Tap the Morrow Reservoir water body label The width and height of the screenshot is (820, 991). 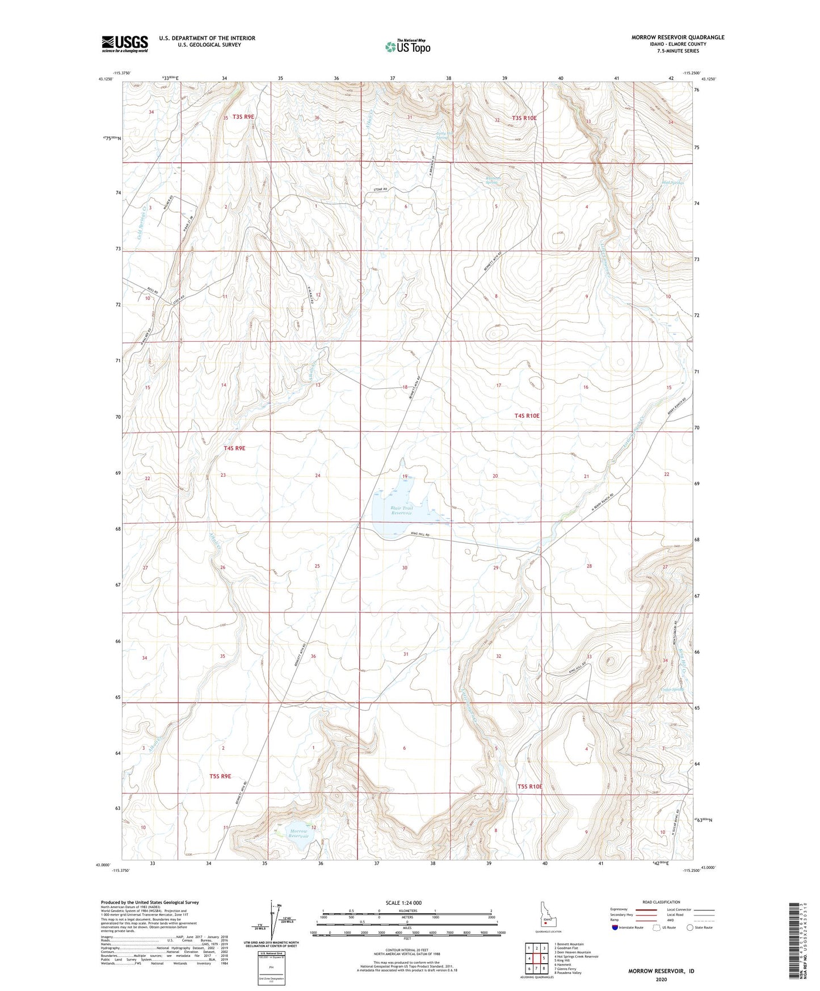point(298,833)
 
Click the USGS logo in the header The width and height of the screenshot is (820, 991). point(125,44)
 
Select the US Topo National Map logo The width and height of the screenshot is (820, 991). point(407,46)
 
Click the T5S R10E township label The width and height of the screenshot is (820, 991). point(529,787)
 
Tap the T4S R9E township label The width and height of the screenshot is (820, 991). point(234,448)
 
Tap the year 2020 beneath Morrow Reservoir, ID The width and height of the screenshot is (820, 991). point(661,979)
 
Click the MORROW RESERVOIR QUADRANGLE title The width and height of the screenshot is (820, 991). point(678,37)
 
